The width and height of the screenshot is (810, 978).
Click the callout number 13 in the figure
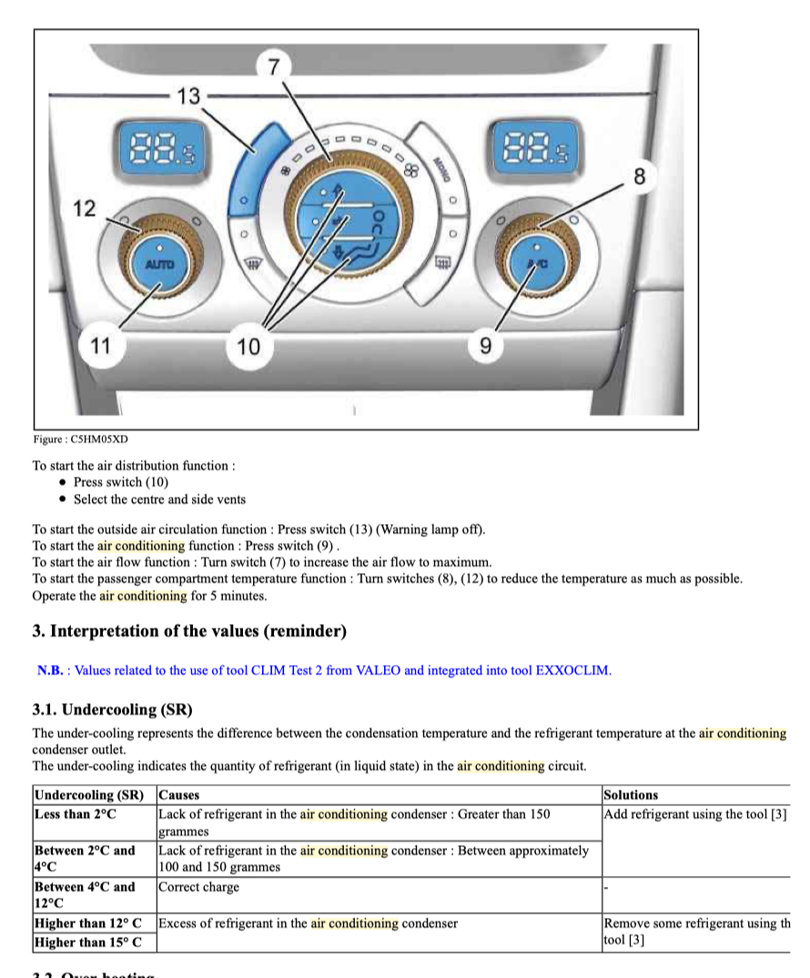[188, 96]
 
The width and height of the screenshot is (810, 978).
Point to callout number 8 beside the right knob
[639, 177]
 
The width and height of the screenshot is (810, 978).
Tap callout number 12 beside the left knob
[84, 208]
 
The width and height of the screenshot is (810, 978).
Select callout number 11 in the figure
[100, 345]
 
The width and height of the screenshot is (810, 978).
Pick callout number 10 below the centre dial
[248, 346]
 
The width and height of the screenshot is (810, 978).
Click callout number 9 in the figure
[485, 346]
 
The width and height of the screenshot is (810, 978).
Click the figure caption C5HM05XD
[81, 439]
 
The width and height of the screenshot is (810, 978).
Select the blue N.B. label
[50, 670]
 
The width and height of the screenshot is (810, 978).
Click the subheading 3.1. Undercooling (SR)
[112, 709]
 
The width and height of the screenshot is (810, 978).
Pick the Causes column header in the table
[179, 795]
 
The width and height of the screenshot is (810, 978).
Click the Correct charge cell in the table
[199, 886]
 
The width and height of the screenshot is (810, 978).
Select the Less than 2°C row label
[76, 814]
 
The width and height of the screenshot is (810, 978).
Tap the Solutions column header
[631, 795]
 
